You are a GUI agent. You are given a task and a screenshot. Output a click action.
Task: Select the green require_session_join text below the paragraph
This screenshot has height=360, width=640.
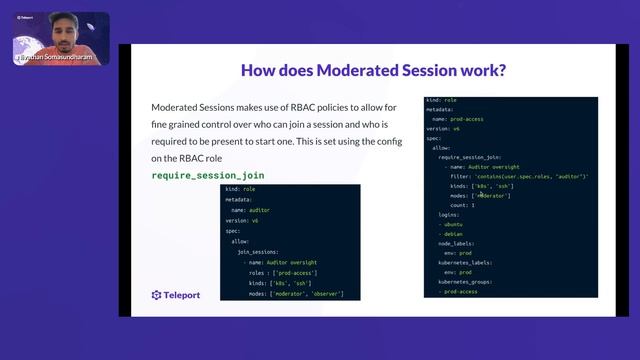[x=208, y=175]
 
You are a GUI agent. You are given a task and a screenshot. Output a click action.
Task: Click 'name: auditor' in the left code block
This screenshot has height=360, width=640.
[x=251, y=211]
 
